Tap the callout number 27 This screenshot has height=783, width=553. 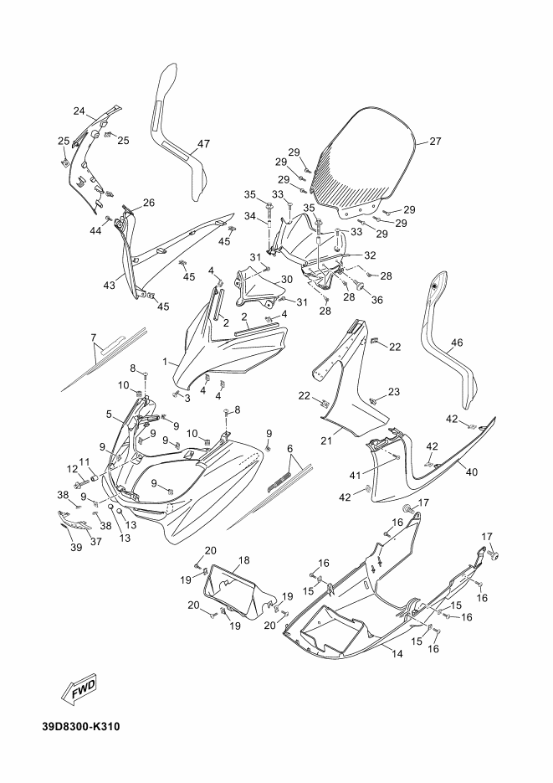(x=434, y=142)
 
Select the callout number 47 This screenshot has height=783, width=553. (x=203, y=143)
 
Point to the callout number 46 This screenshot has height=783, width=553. (x=457, y=343)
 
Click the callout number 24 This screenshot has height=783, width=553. (x=79, y=111)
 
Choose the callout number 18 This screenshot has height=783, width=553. (x=244, y=559)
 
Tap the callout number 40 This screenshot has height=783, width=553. (x=472, y=472)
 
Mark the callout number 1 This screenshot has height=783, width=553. (x=166, y=363)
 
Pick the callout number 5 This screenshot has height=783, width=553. (x=109, y=414)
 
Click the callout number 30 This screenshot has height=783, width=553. (x=286, y=280)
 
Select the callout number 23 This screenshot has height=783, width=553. (x=394, y=392)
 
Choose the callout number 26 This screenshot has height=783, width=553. (x=149, y=203)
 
